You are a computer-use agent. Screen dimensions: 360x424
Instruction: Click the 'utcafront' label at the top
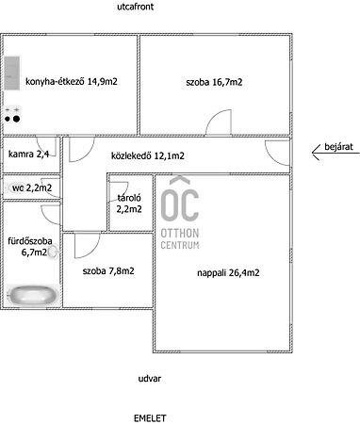point(136,7)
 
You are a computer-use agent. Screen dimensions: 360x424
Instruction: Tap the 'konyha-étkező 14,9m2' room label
point(72,82)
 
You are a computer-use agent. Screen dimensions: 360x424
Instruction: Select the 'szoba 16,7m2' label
point(214,82)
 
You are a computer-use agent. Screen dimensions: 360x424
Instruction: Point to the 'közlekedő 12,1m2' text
point(148,155)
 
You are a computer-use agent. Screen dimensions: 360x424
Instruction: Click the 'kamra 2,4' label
point(28,155)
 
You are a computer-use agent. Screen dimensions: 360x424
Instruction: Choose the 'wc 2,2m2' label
point(32,188)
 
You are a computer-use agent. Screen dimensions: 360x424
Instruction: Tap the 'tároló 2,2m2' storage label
point(129,204)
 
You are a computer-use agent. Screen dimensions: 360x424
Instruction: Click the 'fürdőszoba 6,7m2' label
point(30,247)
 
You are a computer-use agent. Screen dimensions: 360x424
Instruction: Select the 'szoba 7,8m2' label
point(108,271)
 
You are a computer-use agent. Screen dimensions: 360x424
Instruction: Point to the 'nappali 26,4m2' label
point(228,272)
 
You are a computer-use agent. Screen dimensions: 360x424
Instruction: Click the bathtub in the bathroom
point(33,295)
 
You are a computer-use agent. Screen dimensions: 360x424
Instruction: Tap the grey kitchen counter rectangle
point(12,73)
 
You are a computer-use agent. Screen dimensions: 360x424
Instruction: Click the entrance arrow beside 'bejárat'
point(335,154)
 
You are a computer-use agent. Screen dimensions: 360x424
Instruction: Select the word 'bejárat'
point(338,147)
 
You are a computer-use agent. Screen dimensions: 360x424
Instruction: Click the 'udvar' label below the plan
point(150,379)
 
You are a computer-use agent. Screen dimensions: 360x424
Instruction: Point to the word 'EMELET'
point(150,418)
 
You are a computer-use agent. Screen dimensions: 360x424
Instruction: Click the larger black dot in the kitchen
point(16,119)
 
